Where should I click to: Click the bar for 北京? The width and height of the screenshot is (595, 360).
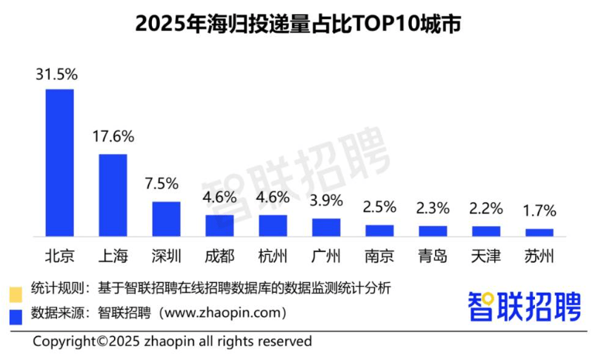(60, 162)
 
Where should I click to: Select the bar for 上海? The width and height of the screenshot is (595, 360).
(113, 195)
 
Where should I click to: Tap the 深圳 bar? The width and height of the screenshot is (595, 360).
(166, 219)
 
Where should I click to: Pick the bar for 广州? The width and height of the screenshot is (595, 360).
(326, 227)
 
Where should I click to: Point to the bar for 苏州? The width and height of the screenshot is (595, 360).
(539, 232)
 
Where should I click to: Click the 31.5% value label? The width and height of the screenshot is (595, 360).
(58, 74)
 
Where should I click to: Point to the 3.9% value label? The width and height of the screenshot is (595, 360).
(326, 200)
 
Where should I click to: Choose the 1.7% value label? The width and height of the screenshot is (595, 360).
(539, 211)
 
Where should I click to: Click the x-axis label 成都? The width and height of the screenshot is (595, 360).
(219, 256)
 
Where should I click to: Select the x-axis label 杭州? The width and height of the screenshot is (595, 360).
(273, 256)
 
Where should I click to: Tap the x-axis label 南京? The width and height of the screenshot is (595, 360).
(379, 256)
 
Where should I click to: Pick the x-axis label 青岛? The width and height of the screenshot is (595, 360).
(433, 256)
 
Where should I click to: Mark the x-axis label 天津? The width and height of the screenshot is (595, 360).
(486, 256)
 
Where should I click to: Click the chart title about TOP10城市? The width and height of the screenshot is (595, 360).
(297, 25)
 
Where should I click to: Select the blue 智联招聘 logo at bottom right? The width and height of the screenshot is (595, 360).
(523, 306)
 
